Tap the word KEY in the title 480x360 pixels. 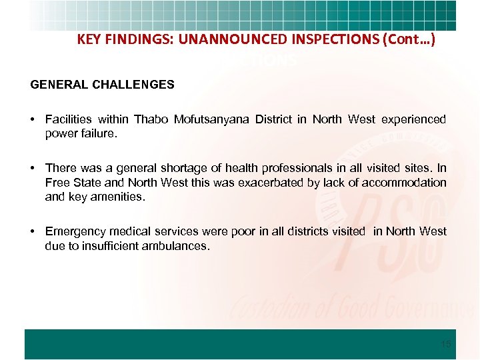89,39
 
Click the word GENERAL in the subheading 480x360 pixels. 55,85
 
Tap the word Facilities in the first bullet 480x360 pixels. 69,119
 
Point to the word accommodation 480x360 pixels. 404,182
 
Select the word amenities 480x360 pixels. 120,196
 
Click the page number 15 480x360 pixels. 446,344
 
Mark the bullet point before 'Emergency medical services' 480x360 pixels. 32,231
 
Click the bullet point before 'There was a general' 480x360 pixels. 32,169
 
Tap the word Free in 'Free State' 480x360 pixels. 56,182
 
